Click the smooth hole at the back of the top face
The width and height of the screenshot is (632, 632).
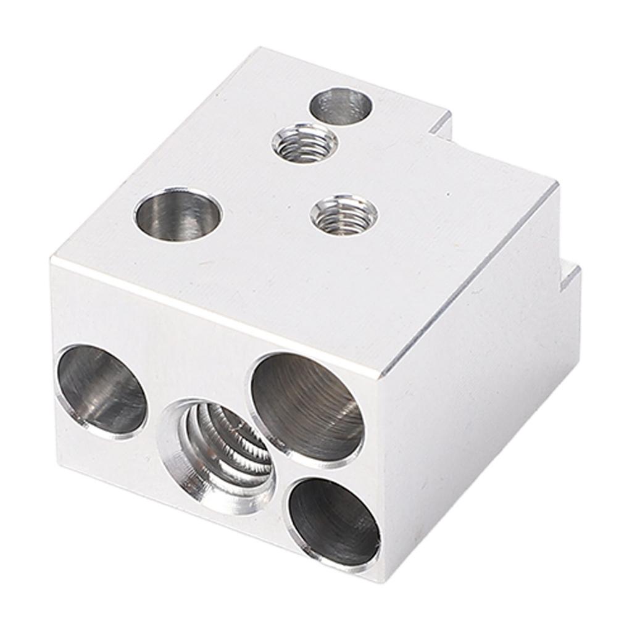(341, 105)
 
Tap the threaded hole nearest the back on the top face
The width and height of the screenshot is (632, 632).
(305, 143)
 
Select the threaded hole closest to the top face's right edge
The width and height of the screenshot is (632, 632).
(344, 215)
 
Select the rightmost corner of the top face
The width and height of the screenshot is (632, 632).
(557, 183)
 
